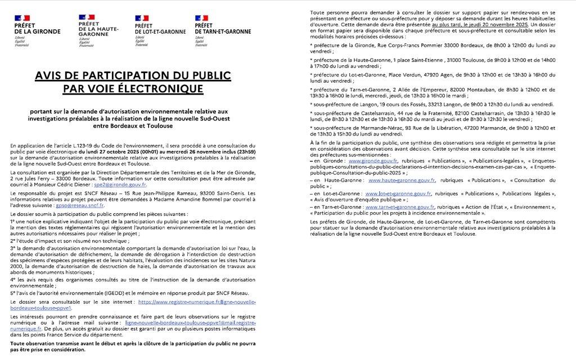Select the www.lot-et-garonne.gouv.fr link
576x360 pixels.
(x=398, y=193)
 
